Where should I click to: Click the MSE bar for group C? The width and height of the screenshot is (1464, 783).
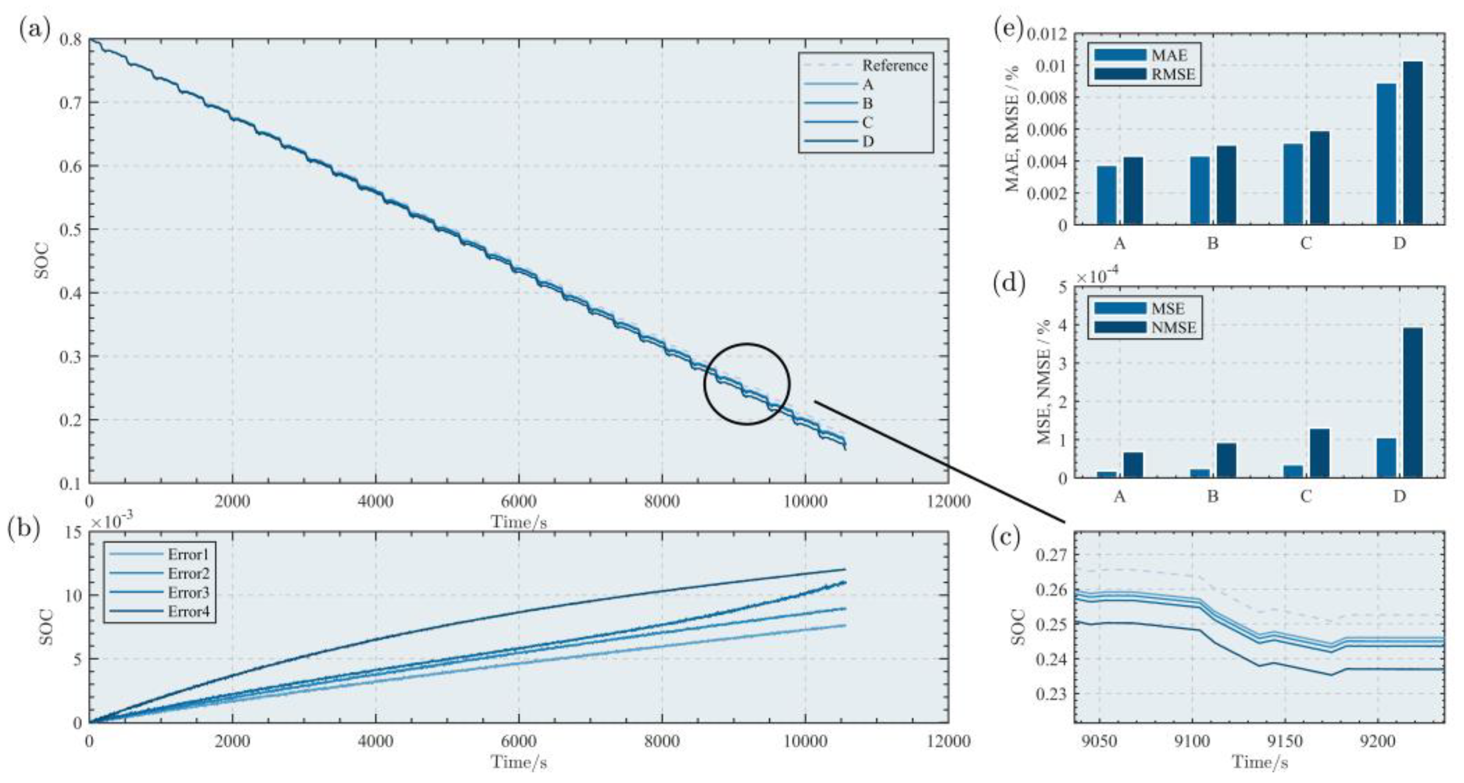tap(1293, 471)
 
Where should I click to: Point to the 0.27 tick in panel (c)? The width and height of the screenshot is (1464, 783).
tap(1052, 555)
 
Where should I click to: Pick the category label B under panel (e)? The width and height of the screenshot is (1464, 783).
tap(1212, 244)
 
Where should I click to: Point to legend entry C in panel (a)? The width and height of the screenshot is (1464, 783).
tap(867, 123)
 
